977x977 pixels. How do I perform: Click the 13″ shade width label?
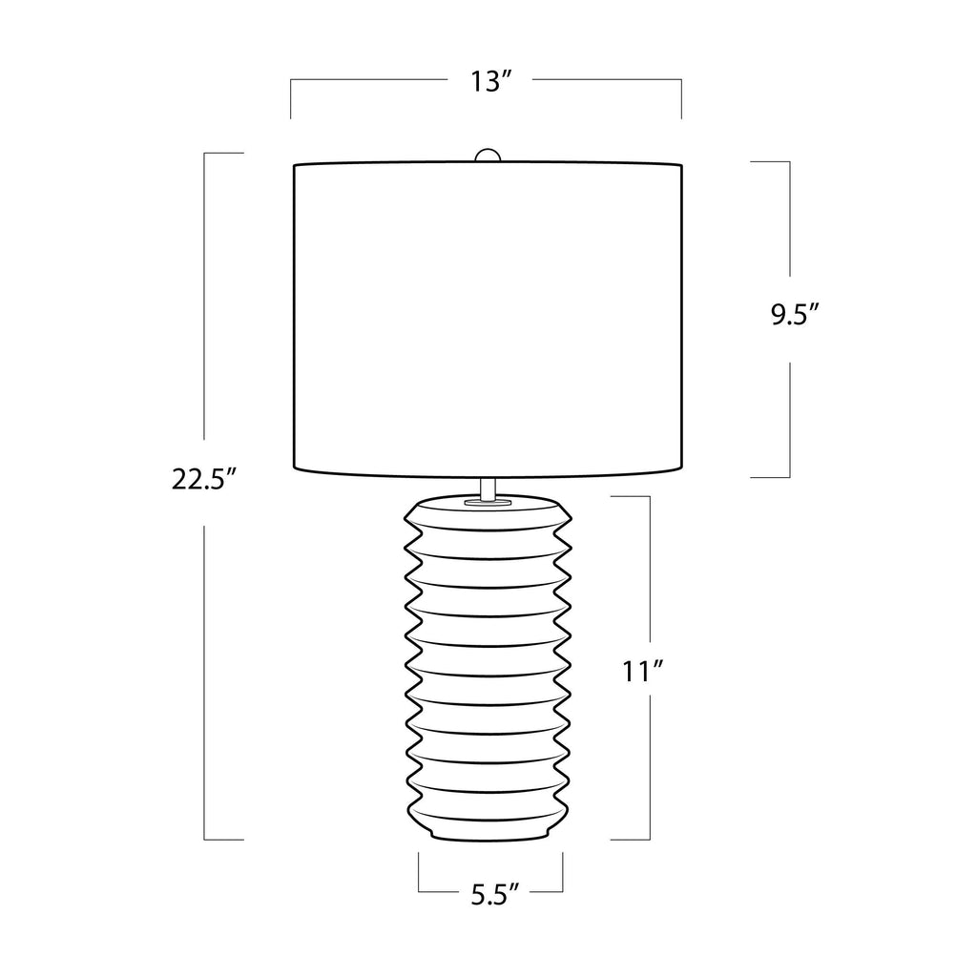[491, 82]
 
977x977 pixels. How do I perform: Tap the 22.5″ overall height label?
[204, 480]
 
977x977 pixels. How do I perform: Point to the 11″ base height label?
[643, 673]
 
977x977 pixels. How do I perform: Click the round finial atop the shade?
[488, 156]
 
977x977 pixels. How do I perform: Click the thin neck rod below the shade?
[488, 488]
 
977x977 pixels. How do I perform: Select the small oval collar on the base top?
[488, 500]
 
